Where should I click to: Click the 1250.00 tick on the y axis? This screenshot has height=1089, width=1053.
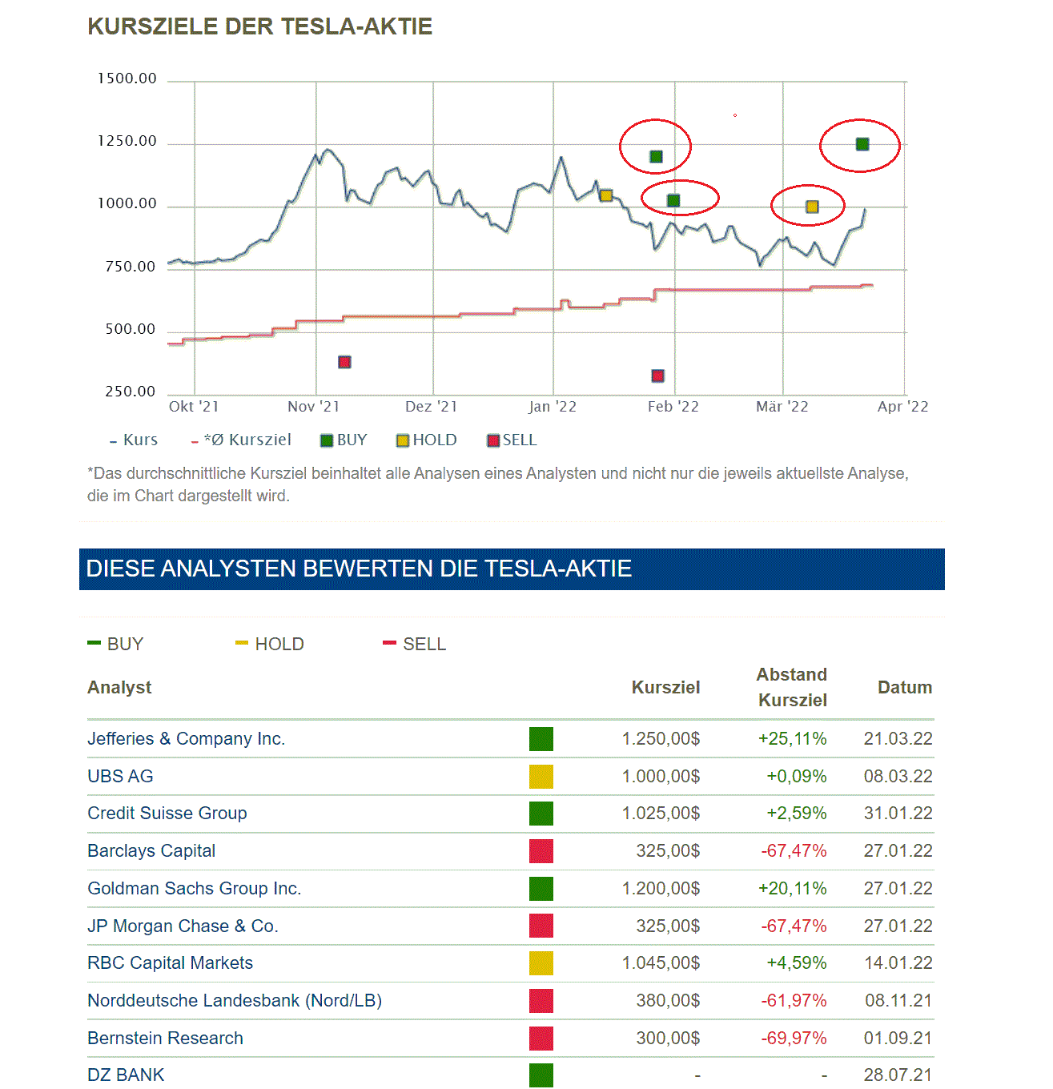127,141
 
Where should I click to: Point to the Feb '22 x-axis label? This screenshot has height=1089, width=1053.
673,407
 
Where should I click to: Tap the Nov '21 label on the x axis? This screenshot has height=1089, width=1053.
313,407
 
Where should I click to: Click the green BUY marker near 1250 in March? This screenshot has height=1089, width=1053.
862,144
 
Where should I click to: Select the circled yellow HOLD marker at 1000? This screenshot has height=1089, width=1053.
812,207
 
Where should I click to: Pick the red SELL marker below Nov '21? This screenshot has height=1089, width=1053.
344,362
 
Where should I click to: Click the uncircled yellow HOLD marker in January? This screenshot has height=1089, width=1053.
606,195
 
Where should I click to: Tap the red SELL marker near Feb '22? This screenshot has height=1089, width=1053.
658,376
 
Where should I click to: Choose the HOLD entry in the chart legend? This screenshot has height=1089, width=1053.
427,440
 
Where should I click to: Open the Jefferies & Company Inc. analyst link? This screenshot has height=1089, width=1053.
186,738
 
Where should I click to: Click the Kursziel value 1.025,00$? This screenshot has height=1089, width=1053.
661,814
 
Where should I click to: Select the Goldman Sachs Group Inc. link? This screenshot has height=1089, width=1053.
195,889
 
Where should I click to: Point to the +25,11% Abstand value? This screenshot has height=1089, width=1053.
792,738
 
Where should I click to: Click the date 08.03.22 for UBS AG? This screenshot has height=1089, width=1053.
898,776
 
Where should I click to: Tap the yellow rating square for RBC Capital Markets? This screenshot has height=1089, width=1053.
541,963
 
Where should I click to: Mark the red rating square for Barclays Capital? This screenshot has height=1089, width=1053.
541,851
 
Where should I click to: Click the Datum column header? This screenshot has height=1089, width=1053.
905,687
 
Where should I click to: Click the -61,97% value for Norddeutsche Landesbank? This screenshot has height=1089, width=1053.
794,1001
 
